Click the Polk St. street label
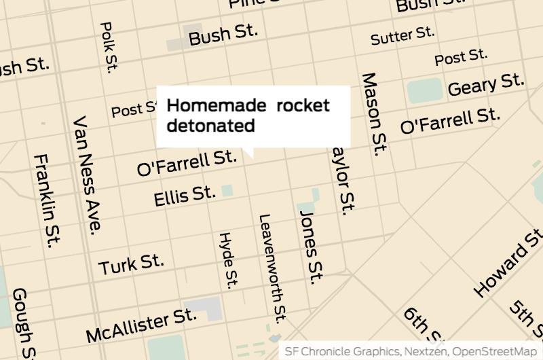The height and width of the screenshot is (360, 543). pos(109,46)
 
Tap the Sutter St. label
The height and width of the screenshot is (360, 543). pos(402,35)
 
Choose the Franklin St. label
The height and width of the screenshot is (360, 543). pos(47,200)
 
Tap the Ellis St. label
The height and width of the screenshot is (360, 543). pos(184,196)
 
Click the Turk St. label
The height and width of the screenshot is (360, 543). pos(131,264)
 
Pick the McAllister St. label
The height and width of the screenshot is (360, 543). pos(141,325)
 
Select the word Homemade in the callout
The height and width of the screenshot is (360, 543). pos(217,106)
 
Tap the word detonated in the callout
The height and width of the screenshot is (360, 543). pos(210,125)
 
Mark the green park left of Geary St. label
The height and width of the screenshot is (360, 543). pos(425,90)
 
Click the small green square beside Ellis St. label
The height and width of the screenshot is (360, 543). pos(227,191)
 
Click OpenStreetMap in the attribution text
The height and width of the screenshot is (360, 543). pos(495,351)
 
